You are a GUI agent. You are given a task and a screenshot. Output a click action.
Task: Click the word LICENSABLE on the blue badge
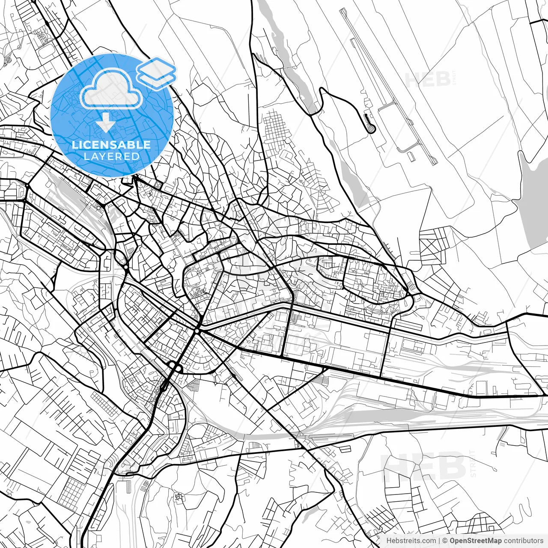coord(111,145)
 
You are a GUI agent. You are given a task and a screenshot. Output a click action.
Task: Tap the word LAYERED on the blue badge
coord(111,156)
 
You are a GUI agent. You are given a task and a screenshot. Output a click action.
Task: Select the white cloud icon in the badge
coord(111,89)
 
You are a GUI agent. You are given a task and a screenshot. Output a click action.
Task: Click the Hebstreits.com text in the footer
coord(411,541)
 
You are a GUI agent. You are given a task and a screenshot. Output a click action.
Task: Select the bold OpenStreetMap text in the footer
coord(476,541)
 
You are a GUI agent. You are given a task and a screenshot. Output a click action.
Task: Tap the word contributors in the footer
coord(523,541)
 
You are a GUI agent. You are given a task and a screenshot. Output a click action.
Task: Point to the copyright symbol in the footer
coord(445,541)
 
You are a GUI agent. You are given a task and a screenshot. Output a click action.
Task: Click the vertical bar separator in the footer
coord(439,541)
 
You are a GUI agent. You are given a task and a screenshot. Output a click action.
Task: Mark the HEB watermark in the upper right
coord(427,79)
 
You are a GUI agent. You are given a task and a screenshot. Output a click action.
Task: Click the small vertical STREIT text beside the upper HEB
coord(455,80)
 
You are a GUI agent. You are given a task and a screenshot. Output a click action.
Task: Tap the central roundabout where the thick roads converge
coord(197,331)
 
